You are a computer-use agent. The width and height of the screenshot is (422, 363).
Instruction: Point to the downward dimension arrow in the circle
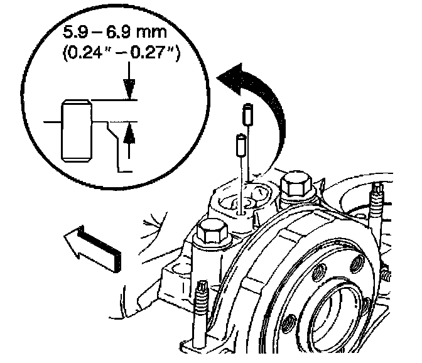129,88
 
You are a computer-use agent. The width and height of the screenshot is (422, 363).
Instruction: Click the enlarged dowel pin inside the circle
75,130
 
